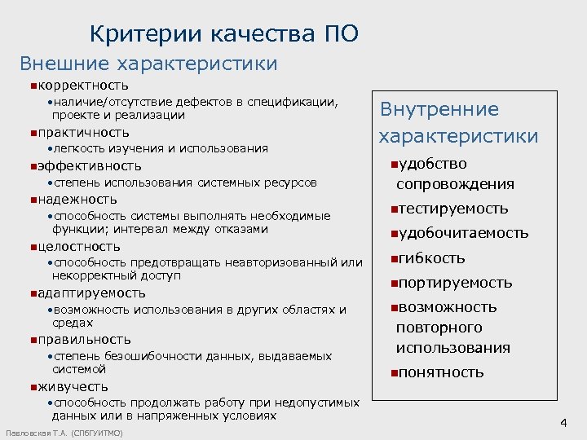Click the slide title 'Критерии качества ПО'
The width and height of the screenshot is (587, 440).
pyautogui.click(x=223, y=34)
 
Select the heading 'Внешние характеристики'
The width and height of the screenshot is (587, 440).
pyautogui.click(x=148, y=64)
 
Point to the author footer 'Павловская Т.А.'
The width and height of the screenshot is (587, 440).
pyautogui.click(x=37, y=432)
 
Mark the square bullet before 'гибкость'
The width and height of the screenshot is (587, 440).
pyautogui.click(x=392, y=259)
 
